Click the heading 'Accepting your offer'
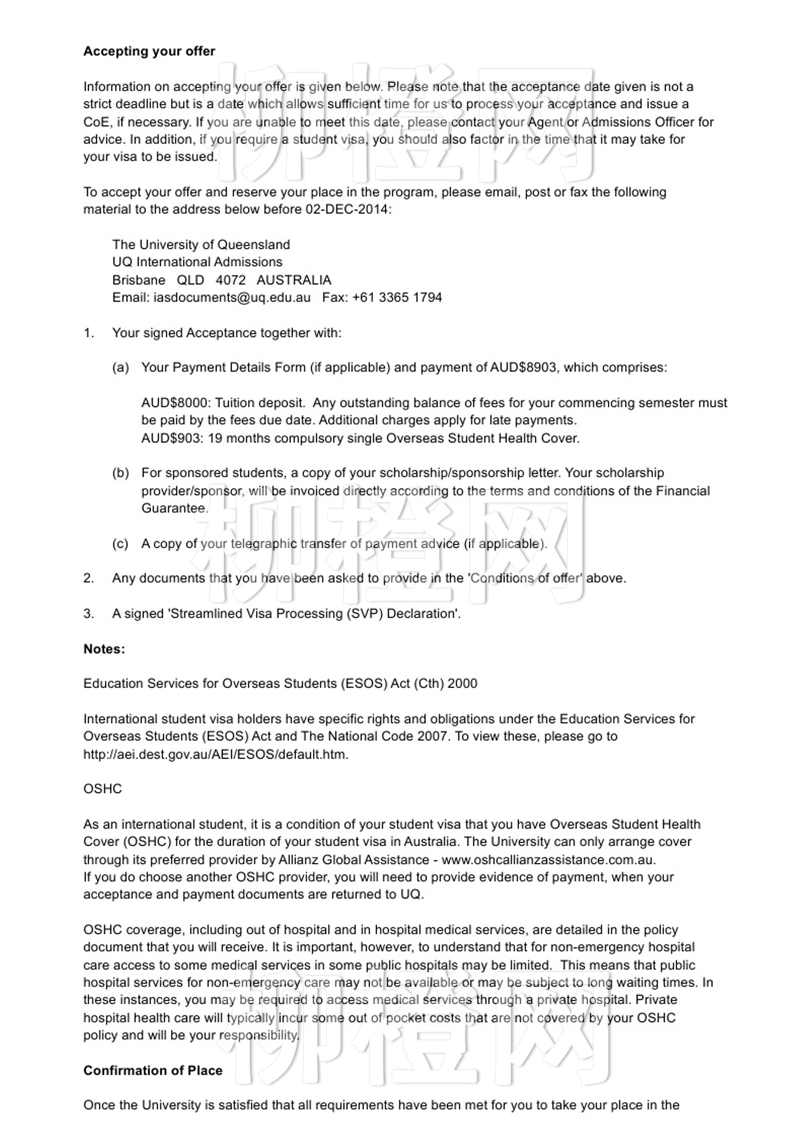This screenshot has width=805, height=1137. (149, 51)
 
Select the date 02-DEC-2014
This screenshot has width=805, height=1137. (347, 209)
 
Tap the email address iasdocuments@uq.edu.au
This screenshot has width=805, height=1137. (232, 297)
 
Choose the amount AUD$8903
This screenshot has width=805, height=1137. (523, 367)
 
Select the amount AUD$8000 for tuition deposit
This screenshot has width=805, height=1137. (175, 402)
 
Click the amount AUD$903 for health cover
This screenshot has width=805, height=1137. (171, 438)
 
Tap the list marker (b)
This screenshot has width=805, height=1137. (120, 473)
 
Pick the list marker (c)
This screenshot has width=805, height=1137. (120, 544)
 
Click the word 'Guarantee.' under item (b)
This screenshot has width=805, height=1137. (175, 508)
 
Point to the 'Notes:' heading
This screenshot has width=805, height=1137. (104, 649)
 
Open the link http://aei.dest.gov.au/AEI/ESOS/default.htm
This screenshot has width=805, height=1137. (216, 754)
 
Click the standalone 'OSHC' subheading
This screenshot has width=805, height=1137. (102, 789)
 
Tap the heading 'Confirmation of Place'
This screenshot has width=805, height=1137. (152, 1070)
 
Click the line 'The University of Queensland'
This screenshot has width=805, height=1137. (201, 245)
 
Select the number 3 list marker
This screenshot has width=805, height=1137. (89, 614)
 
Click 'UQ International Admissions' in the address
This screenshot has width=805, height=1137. (197, 262)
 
